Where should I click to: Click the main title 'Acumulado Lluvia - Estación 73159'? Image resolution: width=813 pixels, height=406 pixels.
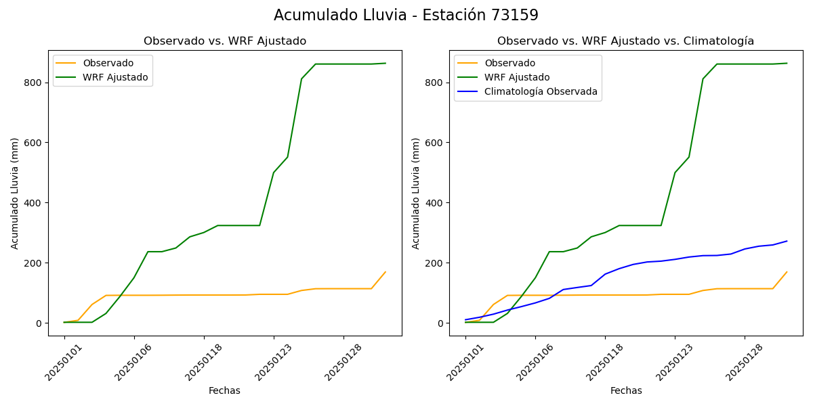tap(406, 16)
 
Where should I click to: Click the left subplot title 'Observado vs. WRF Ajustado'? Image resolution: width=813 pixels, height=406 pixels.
tap(225, 41)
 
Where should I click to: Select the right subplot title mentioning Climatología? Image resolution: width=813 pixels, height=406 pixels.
tap(625, 41)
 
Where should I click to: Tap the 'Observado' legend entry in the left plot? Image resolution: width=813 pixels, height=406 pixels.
tap(108, 63)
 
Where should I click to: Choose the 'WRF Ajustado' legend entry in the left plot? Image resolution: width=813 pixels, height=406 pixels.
tap(115, 77)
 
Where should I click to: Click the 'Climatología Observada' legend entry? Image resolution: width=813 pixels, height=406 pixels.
tap(541, 91)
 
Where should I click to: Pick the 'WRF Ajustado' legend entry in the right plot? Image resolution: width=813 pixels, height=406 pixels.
tap(516, 77)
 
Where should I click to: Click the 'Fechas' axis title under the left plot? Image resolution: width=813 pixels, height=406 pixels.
tap(224, 390)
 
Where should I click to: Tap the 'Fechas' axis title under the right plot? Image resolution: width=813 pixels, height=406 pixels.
tap(626, 390)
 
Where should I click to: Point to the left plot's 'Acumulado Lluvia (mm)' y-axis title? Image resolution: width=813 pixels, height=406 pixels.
tap(15, 193)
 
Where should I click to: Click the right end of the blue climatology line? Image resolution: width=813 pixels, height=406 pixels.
tap(787, 241)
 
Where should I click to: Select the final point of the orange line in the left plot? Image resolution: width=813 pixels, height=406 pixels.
tap(385, 272)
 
